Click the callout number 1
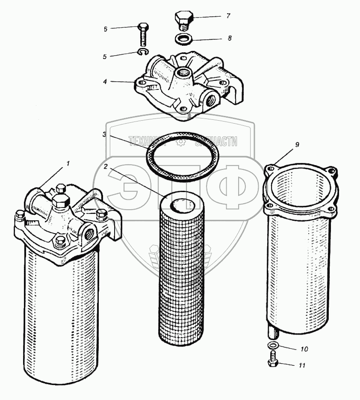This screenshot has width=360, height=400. pyautogui.click(x=67, y=163)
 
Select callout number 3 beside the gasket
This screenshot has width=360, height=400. pyautogui.click(x=104, y=135)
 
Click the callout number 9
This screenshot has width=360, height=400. pyautogui.click(x=296, y=145)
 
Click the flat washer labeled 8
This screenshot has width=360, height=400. pyautogui.click(x=184, y=39)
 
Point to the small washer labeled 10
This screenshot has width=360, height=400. pyautogui.click(x=272, y=346)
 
